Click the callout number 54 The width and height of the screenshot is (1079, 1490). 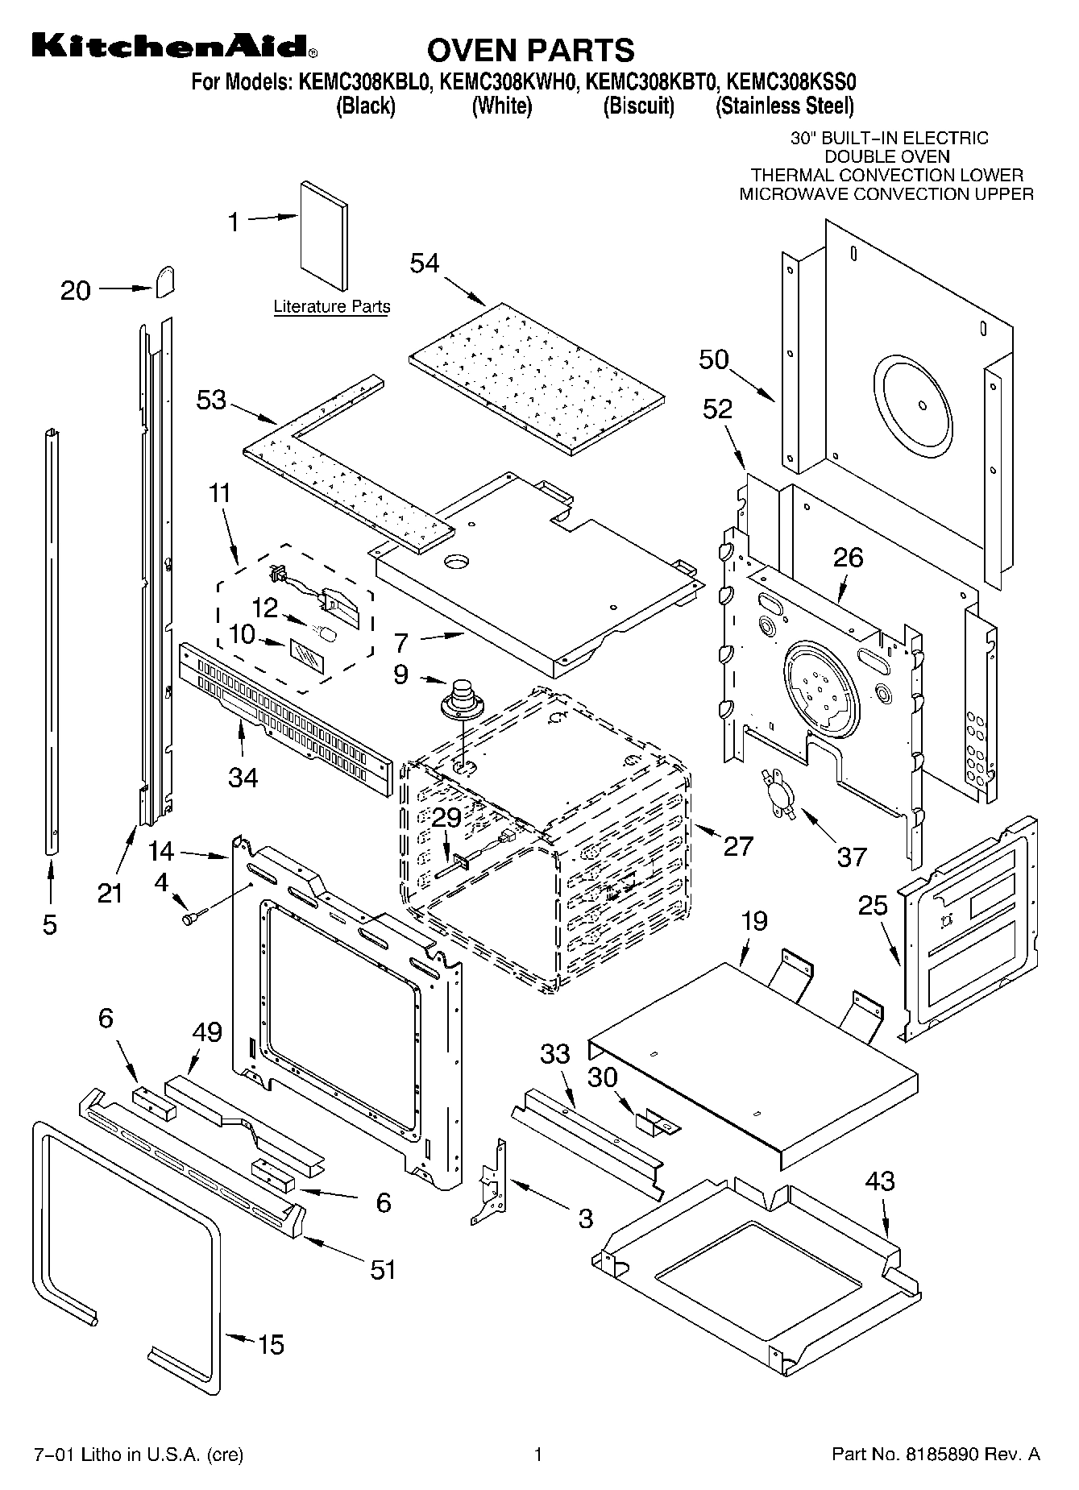coord(425,263)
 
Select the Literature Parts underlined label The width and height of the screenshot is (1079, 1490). coord(331,307)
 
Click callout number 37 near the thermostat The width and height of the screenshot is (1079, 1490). coord(852,857)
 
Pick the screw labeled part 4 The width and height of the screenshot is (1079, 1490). coord(194,916)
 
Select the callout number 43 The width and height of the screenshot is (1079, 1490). coord(880,1181)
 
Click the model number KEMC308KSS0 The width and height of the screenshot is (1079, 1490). coord(791,82)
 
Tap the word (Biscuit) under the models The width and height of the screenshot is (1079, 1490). coord(638,106)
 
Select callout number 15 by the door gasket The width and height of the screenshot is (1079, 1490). coord(271,1344)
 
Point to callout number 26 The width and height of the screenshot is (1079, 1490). coord(848,557)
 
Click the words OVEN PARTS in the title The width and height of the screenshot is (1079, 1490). coord(530,50)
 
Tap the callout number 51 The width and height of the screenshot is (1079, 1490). coord(384,1269)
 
